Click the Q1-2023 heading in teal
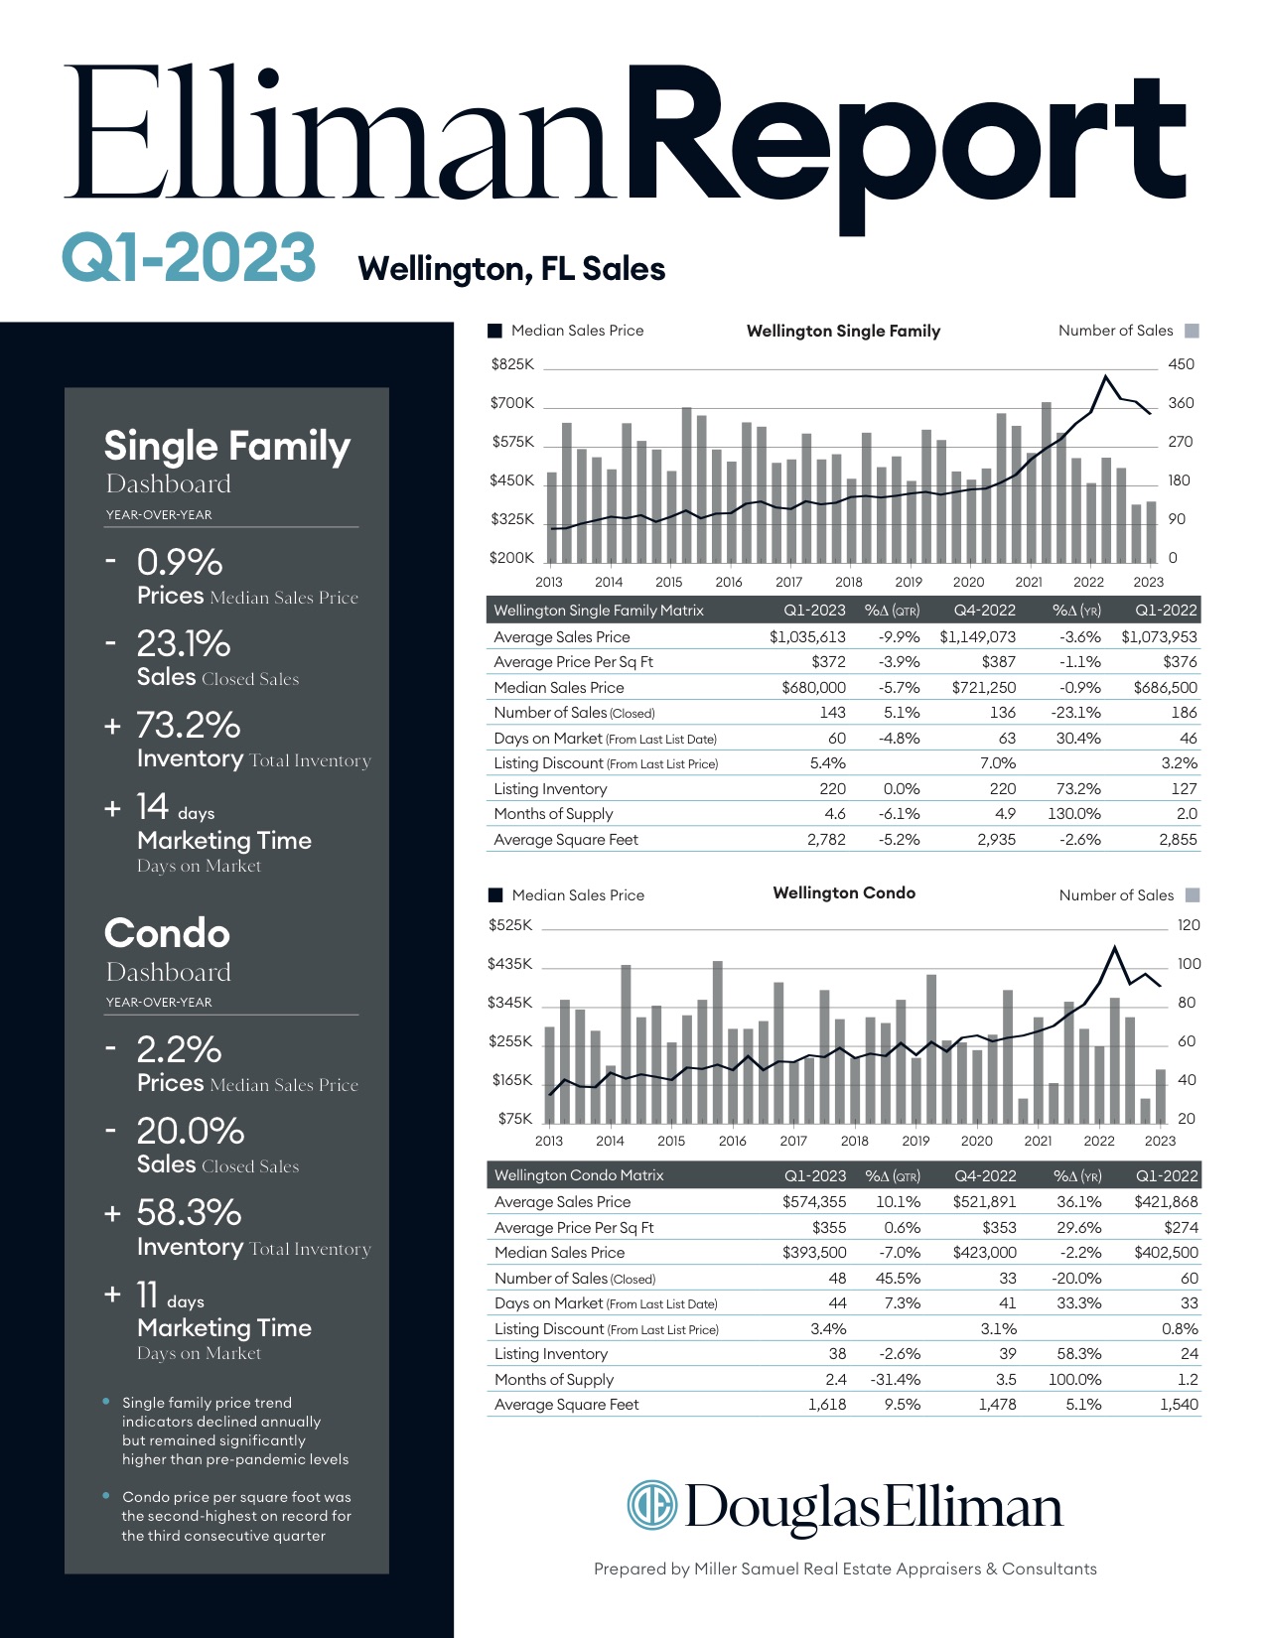189,257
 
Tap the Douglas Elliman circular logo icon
651,1505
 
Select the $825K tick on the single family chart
512,364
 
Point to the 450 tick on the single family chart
1181,364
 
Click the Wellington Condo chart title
844,892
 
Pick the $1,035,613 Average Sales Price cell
807,636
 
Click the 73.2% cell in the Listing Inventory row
1078,788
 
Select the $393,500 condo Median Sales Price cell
814,1252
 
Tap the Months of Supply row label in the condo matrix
554,1379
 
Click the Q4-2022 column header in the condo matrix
985,1175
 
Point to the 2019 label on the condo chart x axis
915,1141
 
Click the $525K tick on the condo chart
510,925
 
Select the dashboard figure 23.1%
184,643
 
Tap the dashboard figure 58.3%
189,1212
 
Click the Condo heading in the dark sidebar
167,933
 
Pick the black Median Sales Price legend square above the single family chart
495,331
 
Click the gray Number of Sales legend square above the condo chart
1193,894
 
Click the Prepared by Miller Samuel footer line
845,1569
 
